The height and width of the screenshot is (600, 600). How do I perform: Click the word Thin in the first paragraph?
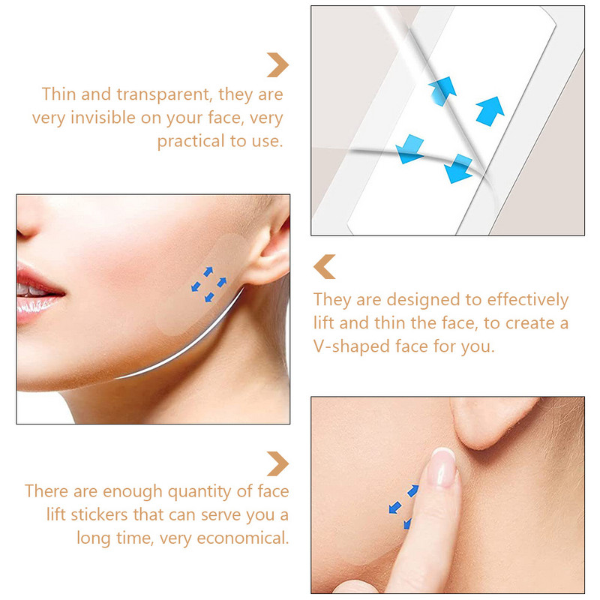(x=59, y=94)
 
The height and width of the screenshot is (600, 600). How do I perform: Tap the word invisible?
(x=162, y=118)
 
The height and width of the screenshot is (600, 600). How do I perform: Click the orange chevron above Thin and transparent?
(x=277, y=64)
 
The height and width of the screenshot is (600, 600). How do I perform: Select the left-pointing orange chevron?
(x=324, y=266)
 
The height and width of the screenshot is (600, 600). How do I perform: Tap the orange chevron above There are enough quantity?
(x=277, y=463)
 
